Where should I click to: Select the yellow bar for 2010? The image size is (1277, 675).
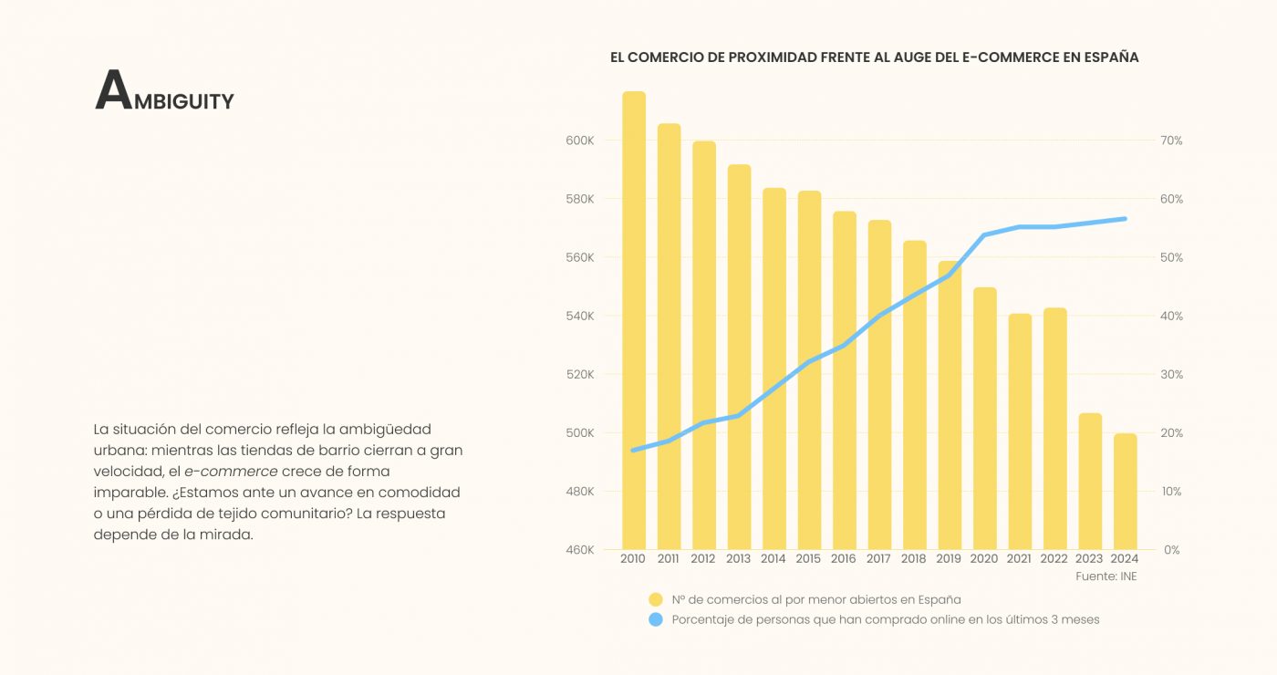634,319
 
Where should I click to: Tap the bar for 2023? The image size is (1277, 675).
1090,481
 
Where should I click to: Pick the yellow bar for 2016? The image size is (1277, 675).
845,379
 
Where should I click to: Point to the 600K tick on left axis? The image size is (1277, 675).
580,140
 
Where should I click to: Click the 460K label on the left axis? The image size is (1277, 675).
580,550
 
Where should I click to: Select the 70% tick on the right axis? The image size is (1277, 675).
1171,140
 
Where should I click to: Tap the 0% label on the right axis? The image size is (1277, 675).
1171,550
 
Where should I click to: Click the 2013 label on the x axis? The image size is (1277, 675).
738,558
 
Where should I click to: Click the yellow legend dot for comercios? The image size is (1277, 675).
655,599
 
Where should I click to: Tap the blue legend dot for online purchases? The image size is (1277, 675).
655,619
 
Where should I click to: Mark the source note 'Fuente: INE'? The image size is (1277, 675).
1106,576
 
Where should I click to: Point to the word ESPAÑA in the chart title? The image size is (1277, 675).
1111,57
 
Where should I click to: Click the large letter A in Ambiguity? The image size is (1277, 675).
113,91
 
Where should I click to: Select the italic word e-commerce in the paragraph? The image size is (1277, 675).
231,472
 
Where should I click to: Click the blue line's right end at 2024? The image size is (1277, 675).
1125,219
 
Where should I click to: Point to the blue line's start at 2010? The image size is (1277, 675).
634,450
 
